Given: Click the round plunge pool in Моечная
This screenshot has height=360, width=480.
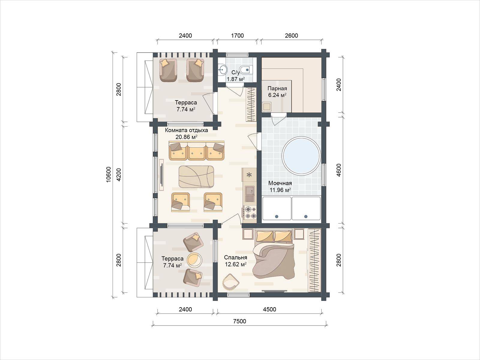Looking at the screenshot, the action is click(301, 155).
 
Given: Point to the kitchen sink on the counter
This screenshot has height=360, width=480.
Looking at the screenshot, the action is click(250, 194).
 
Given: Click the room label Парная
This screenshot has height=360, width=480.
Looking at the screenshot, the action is click(277, 88).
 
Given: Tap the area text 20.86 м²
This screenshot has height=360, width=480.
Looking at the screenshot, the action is click(186, 137).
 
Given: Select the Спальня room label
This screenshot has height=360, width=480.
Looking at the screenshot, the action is click(235, 257).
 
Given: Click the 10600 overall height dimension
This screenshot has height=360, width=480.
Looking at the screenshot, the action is click(109, 174).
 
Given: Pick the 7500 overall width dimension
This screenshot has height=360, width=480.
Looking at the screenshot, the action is click(239, 321).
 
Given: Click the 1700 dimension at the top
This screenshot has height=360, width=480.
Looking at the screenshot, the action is click(237, 35).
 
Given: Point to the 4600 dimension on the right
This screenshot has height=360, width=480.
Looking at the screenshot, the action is click(338, 170).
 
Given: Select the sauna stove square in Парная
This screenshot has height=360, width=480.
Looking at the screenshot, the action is click(267, 107).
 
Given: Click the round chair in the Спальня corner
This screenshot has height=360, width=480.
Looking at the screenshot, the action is click(230, 282).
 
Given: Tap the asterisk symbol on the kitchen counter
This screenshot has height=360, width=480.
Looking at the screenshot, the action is click(249, 175).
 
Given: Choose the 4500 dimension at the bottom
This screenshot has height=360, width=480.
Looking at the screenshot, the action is click(269, 310).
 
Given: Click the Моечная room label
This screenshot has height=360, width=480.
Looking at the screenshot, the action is click(280, 183).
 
